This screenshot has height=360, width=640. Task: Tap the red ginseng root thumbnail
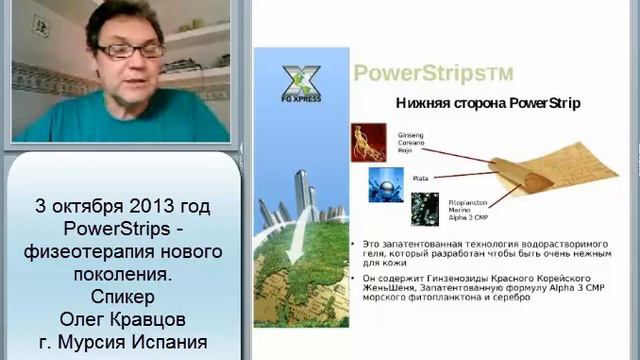[x=368, y=142]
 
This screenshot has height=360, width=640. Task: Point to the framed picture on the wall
[x=39, y=25]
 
